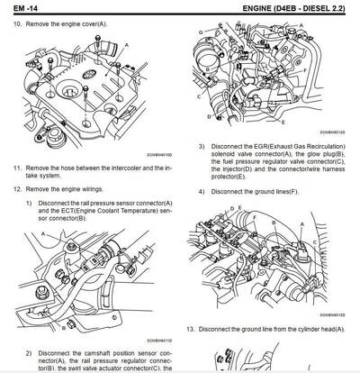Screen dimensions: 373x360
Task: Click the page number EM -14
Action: (x=24, y=8)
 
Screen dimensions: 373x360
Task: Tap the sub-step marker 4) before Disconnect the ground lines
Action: (x=202, y=193)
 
